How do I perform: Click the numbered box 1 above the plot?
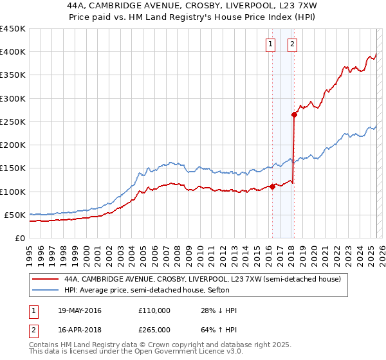tap(270, 44)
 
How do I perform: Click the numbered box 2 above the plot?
tap(292, 44)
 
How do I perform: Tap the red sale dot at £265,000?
tap(294, 115)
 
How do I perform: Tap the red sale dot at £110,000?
tap(272, 187)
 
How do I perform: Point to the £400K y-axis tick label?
tap(13, 52)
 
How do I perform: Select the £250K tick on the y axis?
tap(13, 122)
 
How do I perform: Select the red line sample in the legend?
tap(46, 280)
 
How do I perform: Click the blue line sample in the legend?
tap(46, 291)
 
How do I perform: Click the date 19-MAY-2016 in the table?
tap(79, 310)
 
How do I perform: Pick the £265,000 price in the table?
tap(154, 329)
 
